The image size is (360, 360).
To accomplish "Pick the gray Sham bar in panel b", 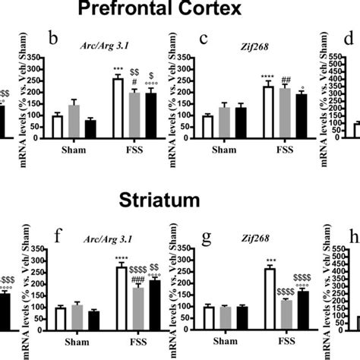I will pos(74,122).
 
